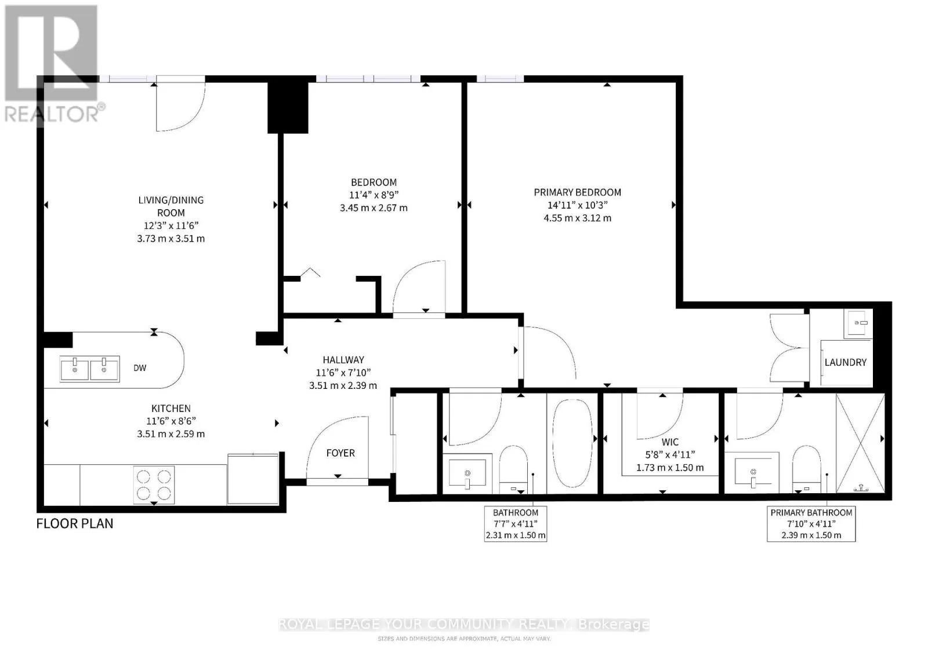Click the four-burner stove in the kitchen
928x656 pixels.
[x=154, y=485]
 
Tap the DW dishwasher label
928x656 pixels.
[x=140, y=367]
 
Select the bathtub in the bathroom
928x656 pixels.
[x=572, y=443]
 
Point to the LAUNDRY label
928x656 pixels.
[x=846, y=362]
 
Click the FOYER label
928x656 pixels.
[x=340, y=453]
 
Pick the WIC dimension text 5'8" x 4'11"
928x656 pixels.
[x=670, y=454]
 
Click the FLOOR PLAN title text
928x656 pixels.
[x=75, y=523]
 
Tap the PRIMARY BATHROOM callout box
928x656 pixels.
[x=811, y=523]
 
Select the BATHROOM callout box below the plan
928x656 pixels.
[x=516, y=523]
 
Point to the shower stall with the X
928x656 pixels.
[x=861, y=443]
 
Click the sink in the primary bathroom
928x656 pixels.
[x=757, y=472]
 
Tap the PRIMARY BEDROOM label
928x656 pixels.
[x=577, y=192]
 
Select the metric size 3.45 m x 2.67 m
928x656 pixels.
[x=374, y=208]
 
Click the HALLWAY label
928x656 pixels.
[x=343, y=360]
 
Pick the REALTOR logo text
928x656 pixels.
[x=52, y=114]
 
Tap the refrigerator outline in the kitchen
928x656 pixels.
[x=253, y=479]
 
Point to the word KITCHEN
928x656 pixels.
[x=171, y=409]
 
